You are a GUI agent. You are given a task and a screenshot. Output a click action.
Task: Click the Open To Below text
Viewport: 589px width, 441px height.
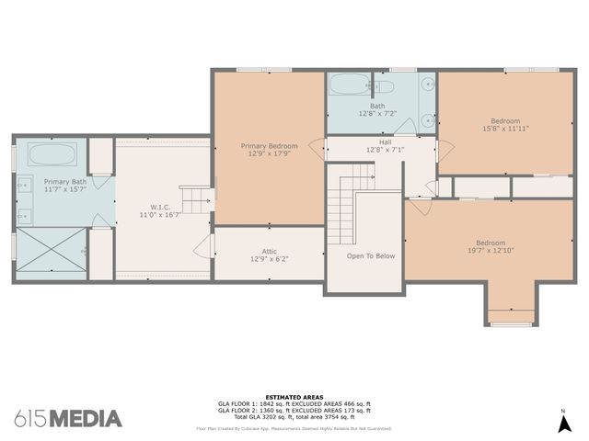point(371,256)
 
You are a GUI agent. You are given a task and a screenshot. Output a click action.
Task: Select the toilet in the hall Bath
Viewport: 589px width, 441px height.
point(384,86)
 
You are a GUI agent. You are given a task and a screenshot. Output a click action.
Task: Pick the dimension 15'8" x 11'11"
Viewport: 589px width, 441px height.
point(503,130)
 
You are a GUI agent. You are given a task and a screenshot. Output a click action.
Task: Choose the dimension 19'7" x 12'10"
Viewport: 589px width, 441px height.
point(490,250)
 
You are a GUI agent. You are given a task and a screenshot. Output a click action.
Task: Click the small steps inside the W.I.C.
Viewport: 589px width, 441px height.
point(195,198)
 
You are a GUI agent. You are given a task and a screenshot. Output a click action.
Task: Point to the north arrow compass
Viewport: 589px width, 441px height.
point(563,423)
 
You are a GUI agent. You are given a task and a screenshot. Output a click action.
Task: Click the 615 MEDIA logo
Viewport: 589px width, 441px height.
point(68,418)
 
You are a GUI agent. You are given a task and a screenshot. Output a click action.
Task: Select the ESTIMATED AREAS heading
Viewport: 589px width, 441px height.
point(294,397)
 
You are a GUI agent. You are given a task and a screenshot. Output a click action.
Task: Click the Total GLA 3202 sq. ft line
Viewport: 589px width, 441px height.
point(294,418)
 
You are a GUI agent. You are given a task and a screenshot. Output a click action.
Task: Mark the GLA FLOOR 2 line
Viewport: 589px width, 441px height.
point(294,411)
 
